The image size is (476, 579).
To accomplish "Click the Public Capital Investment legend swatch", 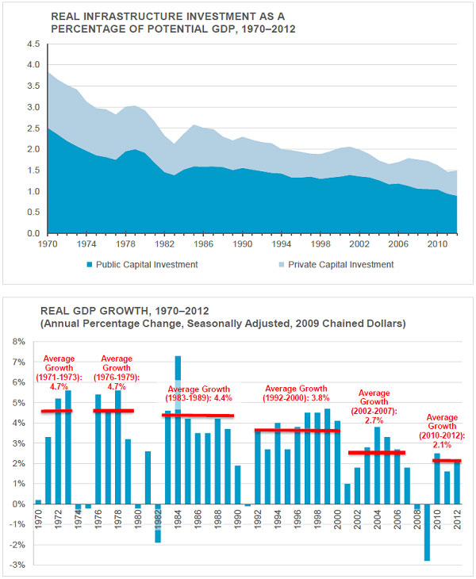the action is click(90, 265).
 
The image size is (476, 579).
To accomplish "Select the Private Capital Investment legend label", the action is click(340, 265).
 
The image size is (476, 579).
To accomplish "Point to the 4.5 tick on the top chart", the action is click(33, 44).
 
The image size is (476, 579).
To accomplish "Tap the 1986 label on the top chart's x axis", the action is click(203, 244).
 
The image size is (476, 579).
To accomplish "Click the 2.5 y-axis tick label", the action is click(33, 128).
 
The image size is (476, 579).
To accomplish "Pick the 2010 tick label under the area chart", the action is click(437, 244).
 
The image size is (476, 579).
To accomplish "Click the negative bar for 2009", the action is click(428, 532).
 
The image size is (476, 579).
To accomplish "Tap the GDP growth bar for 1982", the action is click(158, 523).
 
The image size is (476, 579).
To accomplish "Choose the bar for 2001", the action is click(347, 493).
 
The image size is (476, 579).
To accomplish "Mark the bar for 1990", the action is click(238, 485).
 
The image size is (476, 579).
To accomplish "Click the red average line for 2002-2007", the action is click(377, 452).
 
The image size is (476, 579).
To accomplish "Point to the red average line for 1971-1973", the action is click(56, 411).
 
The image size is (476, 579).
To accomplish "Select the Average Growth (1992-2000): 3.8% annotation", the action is click(296, 393).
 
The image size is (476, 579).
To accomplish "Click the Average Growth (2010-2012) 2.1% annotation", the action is click(442, 431).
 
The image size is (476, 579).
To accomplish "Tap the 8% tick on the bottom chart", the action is click(19, 342).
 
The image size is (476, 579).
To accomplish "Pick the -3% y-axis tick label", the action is click(17, 565).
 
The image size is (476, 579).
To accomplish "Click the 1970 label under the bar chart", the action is click(38, 520).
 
